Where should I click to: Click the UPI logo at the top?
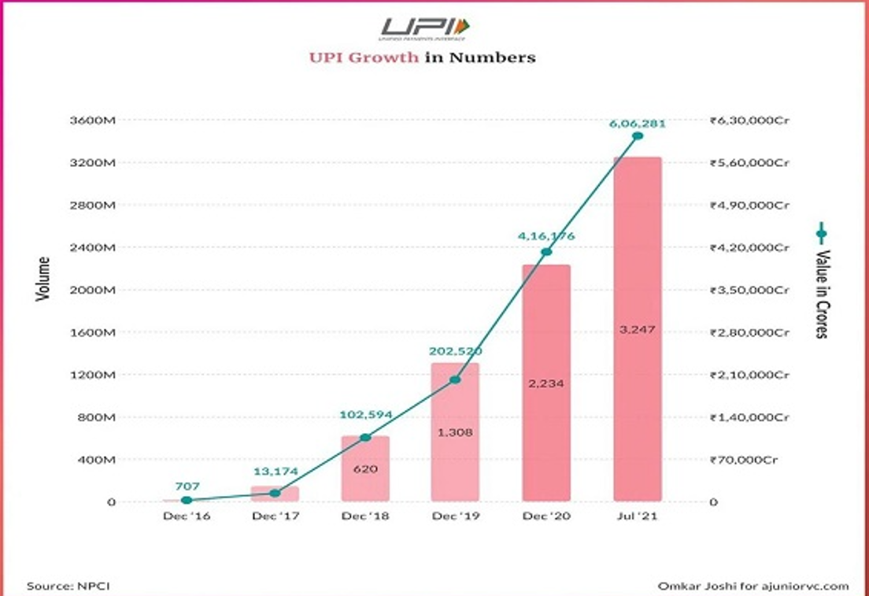tap(425, 28)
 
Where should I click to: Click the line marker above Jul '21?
tap(638, 135)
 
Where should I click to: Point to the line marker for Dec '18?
tap(365, 437)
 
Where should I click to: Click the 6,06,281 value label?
tap(638, 123)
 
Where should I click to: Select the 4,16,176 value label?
tap(546, 235)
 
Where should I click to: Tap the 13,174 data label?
tap(275, 472)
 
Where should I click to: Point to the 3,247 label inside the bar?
tap(638, 329)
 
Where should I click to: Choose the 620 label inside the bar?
tap(365, 469)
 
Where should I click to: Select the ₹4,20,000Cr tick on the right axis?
tap(749, 248)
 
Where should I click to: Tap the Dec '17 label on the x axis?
tap(275, 516)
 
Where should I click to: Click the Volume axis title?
tap(43, 279)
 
